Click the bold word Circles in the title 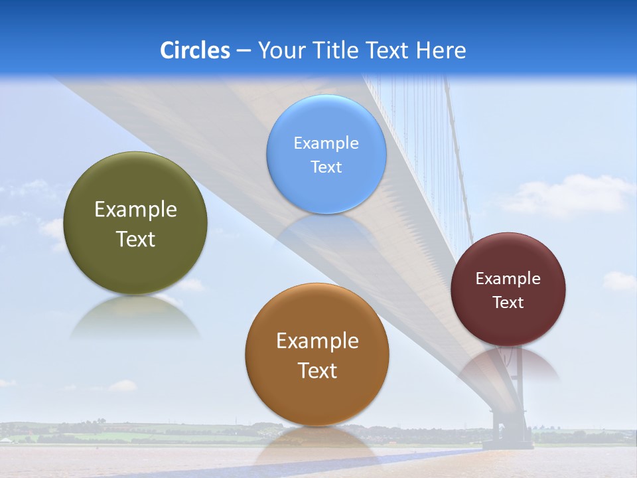(x=195, y=50)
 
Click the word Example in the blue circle (x=326, y=143)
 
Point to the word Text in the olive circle (x=135, y=239)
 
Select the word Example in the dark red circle (x=508, y=279)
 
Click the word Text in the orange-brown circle (x=317, y=370)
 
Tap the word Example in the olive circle (x=135, y=210)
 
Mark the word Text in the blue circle (x=326, y=167)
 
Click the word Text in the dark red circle (x=508, y=303)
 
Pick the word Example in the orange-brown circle (x=317, y=341)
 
